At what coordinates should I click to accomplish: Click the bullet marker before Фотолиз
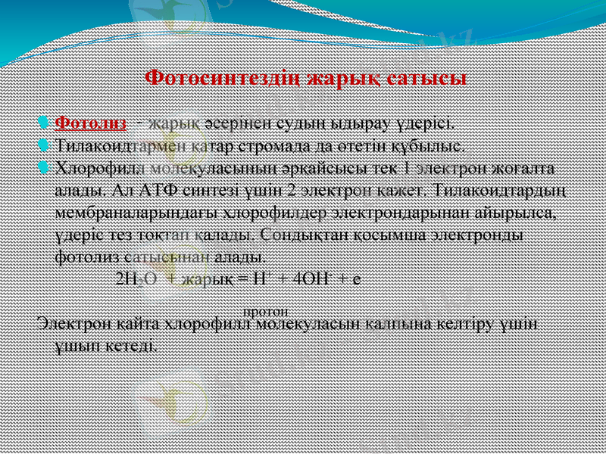pyautogui.click(x=45, y=123)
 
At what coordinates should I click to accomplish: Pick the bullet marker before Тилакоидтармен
pyautogui.click(x=45, y=144)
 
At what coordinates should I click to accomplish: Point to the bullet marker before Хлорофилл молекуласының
pyautogui.click(x=45, y=165)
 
